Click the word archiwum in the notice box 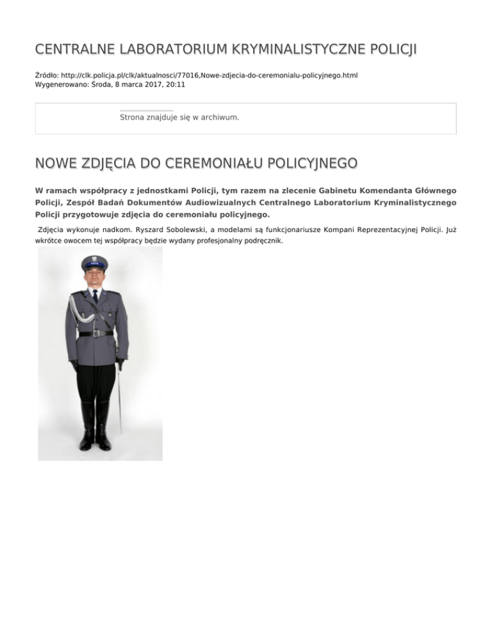(218, 118)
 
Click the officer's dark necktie (94, 296)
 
